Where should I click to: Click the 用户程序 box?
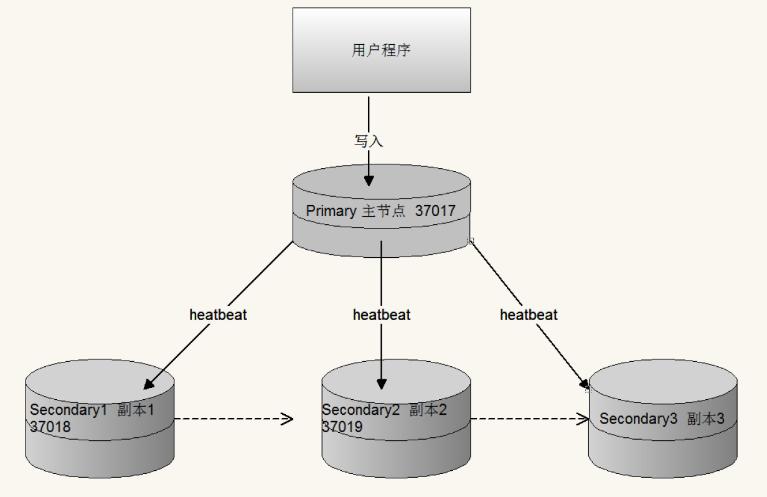(x=382, y=50)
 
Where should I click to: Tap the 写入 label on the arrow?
(x=369, y=141)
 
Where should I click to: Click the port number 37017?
(x=435, y=211)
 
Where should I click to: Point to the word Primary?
(x=331, y=211)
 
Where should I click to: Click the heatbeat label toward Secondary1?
(x=218, y=315)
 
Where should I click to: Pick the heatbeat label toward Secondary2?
(x=382, y=315)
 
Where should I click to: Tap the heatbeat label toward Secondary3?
(x=529, y=315)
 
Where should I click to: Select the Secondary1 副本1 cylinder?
(x=100, y=448)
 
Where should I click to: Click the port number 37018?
(x=50, y=427)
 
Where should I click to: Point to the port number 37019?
(x=342, y=427)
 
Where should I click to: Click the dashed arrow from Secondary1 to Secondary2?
(x=233, y=419)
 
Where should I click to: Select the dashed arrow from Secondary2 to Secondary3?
(x=529, y=419)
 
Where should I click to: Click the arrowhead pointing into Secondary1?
(x=149, y=384)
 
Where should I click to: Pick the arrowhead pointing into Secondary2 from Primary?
(x=382, y=384)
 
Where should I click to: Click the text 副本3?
(x=706, y=419)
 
